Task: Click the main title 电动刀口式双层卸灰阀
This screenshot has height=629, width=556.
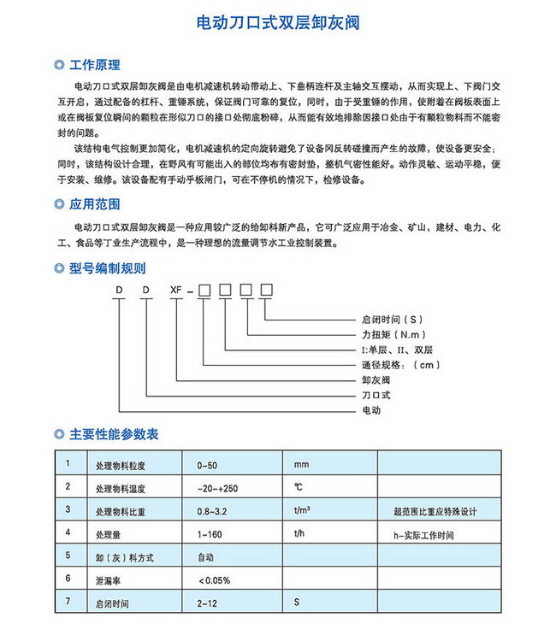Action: tap(277, 21)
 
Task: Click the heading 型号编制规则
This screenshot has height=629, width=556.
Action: tap(107, 268)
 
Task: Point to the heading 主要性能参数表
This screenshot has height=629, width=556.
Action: tap(113, 434)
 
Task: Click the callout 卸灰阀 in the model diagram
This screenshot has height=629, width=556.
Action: tap(376, 380)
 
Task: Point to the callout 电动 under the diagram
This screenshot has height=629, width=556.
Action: tap(371, 410)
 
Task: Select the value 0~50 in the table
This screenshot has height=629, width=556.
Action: tap(208, 466)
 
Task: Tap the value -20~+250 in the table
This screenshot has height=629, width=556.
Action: tap(217, 489)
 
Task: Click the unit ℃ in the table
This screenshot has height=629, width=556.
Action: tap(299, 488)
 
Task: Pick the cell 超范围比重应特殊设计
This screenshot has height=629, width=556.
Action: tap(435, 512)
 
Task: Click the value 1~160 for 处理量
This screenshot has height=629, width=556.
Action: tap(210, 535)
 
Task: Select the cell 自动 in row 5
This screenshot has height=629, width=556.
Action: tap(205, 558)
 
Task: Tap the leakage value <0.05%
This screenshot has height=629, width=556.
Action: tap(215, 581)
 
